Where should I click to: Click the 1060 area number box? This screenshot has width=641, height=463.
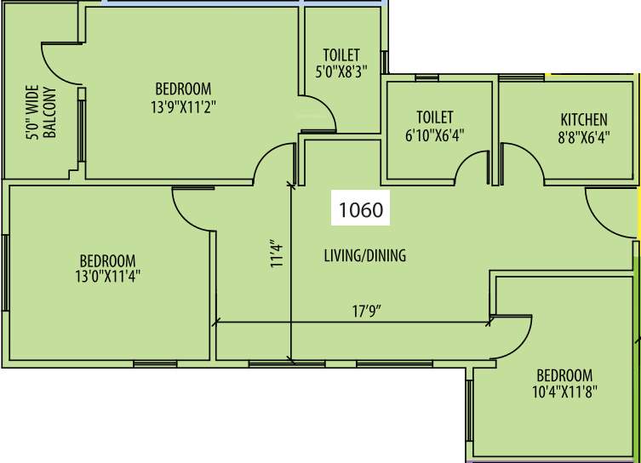[x=361, y=209]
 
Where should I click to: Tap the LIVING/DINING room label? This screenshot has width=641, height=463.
[x=364, y=255]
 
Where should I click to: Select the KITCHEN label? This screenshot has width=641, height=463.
[x=583, y=119]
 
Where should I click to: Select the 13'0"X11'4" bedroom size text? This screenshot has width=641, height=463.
[x=108, y=279]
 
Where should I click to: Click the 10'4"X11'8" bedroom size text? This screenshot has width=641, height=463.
[x=564, y=393]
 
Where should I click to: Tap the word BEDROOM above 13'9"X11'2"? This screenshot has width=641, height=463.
[x=183, y=89]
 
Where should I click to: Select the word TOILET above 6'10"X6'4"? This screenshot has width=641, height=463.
[x=434, y=117]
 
